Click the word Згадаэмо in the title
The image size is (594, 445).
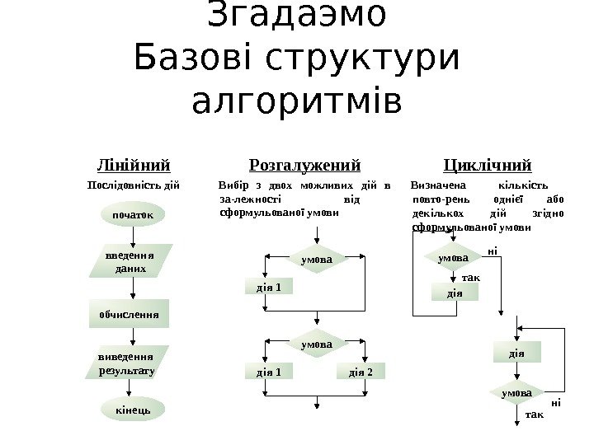point(297,16)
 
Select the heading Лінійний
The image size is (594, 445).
point(134,164)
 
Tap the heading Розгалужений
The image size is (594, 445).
point(305,164)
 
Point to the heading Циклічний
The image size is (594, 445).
point(487,164)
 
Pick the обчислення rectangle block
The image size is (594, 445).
point(129,314)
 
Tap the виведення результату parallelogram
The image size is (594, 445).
point(126,363)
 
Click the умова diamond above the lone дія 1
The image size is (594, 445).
point(317,260)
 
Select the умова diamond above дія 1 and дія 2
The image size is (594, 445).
point(317,341)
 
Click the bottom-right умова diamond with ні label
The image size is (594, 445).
point(517,393)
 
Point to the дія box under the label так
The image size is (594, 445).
point(455,292)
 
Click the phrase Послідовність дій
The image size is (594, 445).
point(134,185)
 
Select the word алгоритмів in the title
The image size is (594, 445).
point(297,103)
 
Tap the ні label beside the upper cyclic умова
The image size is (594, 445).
point(493,250)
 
